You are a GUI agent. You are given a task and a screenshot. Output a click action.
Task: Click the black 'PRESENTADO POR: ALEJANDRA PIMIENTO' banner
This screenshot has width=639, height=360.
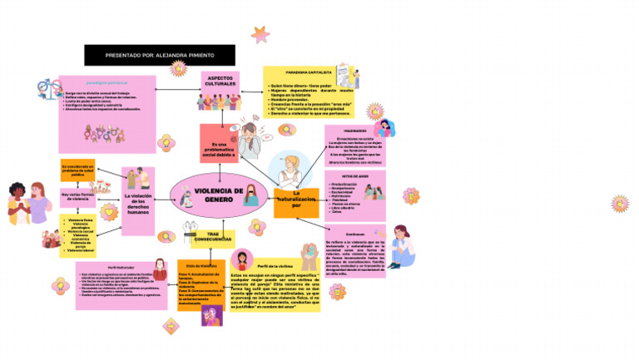(159, 55)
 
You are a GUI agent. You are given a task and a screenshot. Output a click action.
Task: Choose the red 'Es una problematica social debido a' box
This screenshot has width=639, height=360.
(219, 144)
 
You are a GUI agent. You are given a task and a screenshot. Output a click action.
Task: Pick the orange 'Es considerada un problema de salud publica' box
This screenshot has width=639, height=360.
(78, 170)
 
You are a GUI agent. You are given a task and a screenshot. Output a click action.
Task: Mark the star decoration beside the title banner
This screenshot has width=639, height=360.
(260, 35)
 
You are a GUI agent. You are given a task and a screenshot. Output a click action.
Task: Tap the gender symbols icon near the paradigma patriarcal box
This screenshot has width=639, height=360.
(46, 89)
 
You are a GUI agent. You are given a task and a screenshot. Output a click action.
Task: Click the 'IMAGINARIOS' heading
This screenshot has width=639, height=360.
(354, 131)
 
